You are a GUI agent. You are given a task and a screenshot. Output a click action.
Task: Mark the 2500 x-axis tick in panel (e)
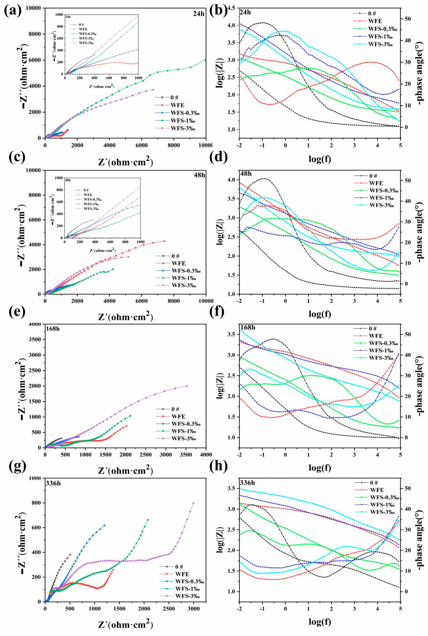coord(145,453)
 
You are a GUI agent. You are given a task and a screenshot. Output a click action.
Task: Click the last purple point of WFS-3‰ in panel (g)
coord(193,503)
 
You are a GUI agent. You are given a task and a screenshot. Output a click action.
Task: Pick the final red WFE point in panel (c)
coord(164,241)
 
